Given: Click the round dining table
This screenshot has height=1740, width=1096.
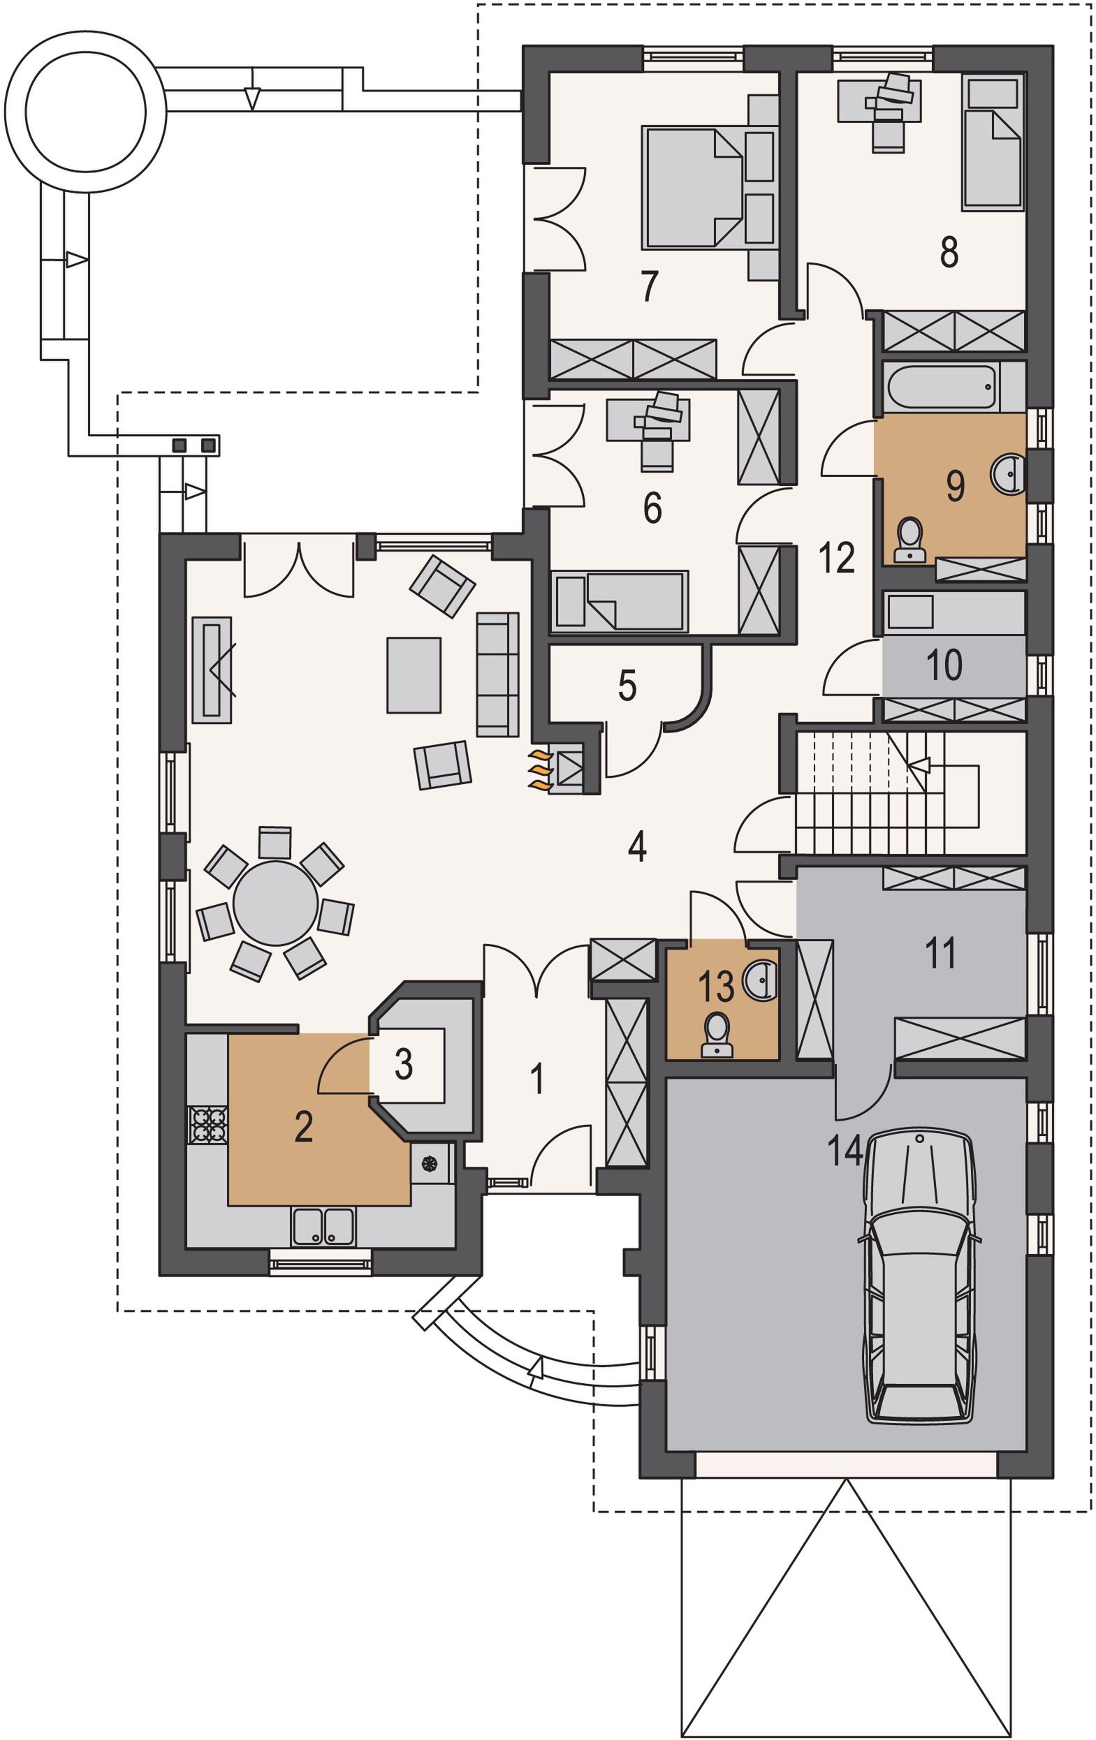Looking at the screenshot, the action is [x=275, y=903].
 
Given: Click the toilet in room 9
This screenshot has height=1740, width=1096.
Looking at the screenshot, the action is [x=909, y=539].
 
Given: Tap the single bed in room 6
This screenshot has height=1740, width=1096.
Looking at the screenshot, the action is [x=619, y=600].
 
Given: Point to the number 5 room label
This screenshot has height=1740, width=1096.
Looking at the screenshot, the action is [x=627, y=685].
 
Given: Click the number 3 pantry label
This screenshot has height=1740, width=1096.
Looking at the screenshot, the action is [x=404, y=1063].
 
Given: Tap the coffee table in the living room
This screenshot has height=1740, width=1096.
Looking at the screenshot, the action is [x=414, y=675].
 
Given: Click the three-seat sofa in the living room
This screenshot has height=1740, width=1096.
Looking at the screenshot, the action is [x=497, y=674].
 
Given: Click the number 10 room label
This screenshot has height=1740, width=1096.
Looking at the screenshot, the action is [x=944, y=664].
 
